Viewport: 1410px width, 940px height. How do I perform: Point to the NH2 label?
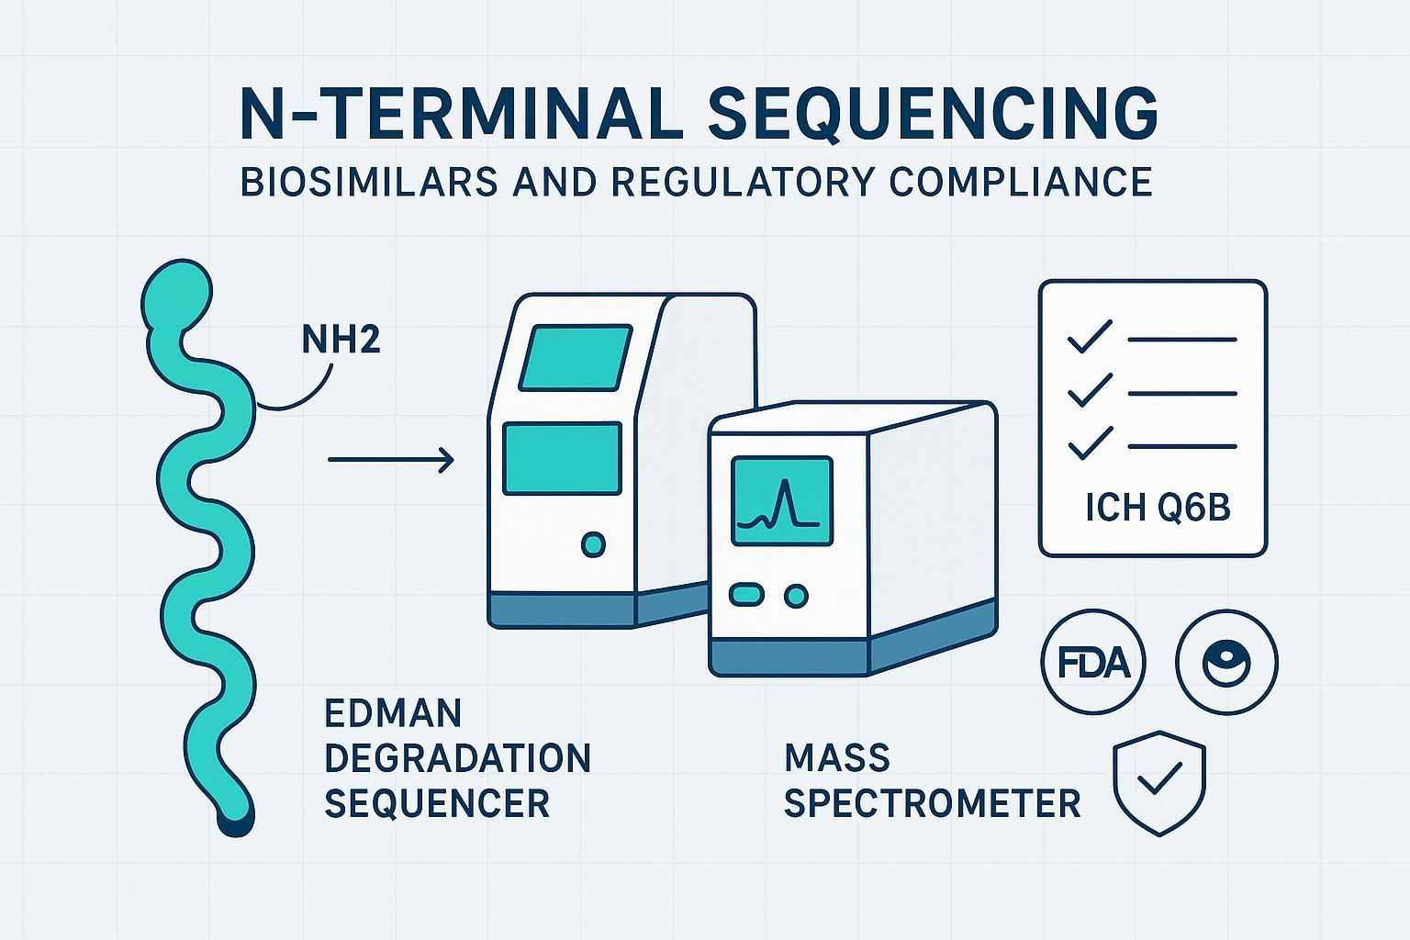click(341, 341)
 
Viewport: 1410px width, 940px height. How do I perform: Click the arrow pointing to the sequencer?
click(391, 459)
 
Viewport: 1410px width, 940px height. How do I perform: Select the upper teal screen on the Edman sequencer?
click(576, 356)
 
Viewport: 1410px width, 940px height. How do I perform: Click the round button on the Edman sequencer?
click(594, 544)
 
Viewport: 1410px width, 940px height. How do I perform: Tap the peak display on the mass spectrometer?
click(781, 501)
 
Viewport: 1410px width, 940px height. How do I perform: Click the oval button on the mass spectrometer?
click(745, 595)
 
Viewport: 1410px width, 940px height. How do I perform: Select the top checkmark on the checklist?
click(1090, 338)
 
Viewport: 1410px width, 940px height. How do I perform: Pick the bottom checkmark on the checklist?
click(1090, 445)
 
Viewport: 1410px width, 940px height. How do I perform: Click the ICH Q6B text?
click(1157, 508)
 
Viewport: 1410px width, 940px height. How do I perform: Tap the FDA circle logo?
click(1092, 661)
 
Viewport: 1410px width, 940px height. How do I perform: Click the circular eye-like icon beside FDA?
click(1226, 661)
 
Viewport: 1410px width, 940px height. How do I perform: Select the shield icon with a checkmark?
click(1158, 782)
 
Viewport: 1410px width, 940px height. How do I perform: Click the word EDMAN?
click(393, 712)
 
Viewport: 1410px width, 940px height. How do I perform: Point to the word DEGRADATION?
click(457, 758)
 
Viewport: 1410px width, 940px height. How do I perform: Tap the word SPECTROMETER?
click(932, 804)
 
